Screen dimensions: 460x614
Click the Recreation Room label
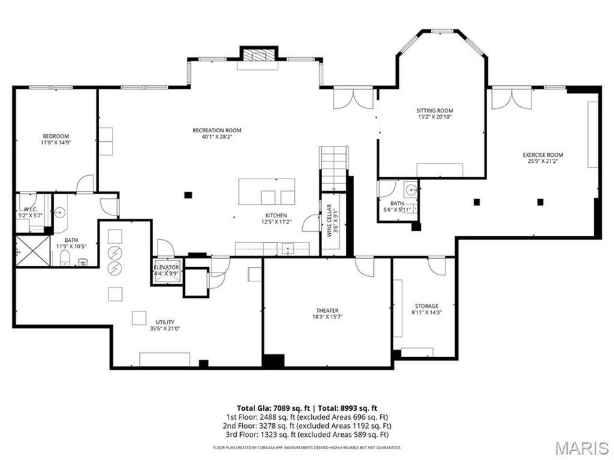point(217,130)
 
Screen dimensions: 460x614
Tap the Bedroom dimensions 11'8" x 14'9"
point(56,143)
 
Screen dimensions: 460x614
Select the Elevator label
point(166,267)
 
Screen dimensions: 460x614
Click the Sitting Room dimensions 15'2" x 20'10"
point(435,117)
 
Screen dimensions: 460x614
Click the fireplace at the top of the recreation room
point(257,55)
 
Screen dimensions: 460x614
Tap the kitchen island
point(267,191)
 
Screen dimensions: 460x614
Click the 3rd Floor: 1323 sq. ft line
point(307,434)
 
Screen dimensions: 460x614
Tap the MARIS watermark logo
point(582,448)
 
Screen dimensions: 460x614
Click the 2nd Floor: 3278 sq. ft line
point(307,425)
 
